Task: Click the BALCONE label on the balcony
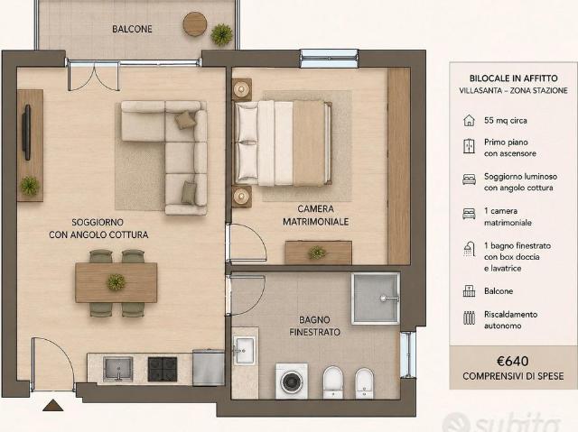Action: pyautogui.click(x=132, y=29)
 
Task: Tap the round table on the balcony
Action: pyautogui.click(x=195, y=24)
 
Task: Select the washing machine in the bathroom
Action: pyautogui.click(x=291, y=381)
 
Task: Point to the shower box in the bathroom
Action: pyautogui.click(x=376, y=299)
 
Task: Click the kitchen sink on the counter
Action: pyautogui.click(x=117, y=369)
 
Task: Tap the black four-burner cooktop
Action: pyautogui.click(x=163, y=369)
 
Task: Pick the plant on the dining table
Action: pyautogui.click(x=117, y=282)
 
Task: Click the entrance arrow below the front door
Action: pyautogui.click(x=53, y=405)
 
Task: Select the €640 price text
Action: pyautogui.click(x=512, y=362)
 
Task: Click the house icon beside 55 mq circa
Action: pyautogui.click(x=469, y=120)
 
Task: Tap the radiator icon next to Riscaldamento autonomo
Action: pyautogui.click(x=469, y=317)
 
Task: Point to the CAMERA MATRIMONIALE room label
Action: pyautogui.click(x=315, y=216)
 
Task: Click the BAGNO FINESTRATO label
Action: pyautogui.click(x=314, y=326)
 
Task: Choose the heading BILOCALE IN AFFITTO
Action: pyautogui.click(x=513, y=78)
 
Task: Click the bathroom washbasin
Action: pyautogui.click(x=244, y=350)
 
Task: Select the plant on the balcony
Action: pyautogui.click(x=221, y=34)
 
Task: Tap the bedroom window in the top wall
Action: pyautogui.click(x=329, y=59)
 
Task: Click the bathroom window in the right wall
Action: pyautogui.click(x=408, y=354)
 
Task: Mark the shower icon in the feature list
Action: pyautogui.click(x=469, y=249)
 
